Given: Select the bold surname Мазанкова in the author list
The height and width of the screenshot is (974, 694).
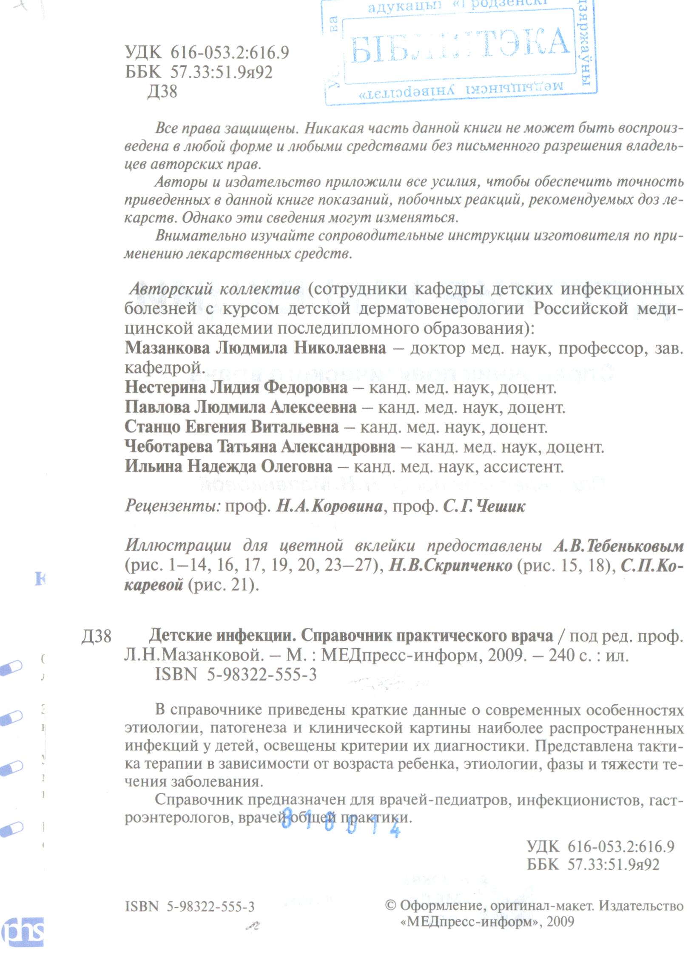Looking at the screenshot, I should point(167,349).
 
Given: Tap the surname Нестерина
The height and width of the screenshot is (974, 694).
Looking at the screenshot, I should point(166,388).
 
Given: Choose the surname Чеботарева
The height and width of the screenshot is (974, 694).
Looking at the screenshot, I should point(169,447).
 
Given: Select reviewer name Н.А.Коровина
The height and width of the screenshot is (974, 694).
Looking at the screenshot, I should point(330,507).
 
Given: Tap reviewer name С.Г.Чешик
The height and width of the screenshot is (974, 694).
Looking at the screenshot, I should point(484,507).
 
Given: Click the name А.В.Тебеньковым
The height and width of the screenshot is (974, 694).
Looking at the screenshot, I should point(619,546).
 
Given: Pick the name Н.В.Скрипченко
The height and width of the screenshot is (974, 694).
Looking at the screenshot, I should point(451,566).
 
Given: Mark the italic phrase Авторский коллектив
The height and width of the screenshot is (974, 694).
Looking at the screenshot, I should point(215,289).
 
